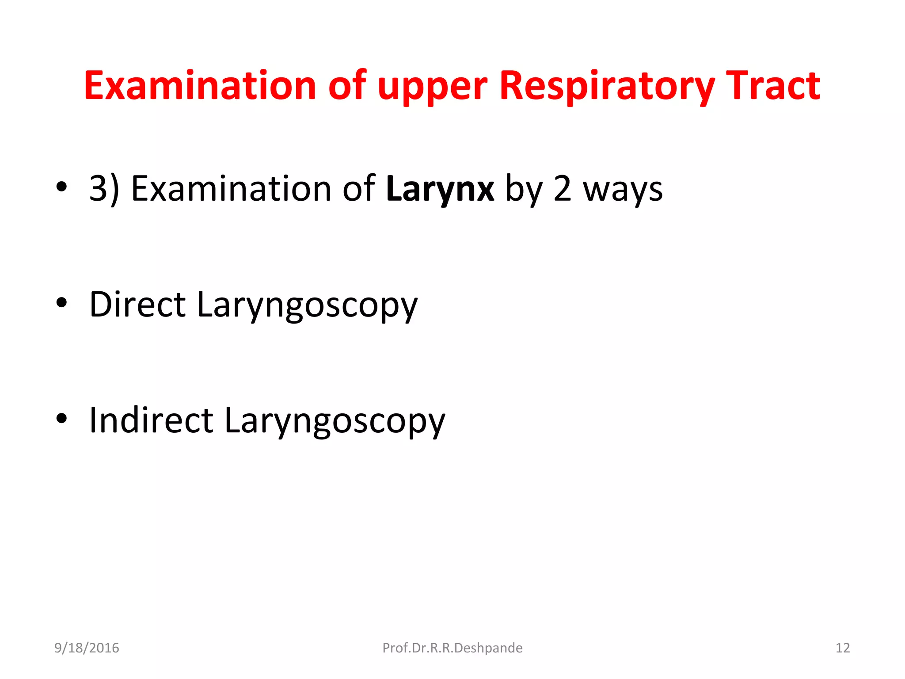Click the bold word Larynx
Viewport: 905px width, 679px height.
click(440, 189)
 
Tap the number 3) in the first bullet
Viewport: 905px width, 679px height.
click(104, 189)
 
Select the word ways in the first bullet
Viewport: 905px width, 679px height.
click(623, 189)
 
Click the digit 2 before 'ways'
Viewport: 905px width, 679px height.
click(563, 189)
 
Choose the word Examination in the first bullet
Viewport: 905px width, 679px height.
click(231, 189)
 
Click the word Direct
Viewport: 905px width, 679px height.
click(137, 305)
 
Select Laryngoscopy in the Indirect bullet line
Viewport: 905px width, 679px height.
click(335, 421)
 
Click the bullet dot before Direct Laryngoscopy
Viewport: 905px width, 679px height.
click(62, 303)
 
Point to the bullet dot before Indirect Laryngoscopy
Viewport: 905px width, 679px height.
click(62, 418)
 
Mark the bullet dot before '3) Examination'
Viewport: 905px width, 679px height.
click(62, 187)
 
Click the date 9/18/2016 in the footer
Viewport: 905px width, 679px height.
click(87, 648)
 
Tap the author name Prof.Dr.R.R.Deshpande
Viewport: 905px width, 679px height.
click(452, 648)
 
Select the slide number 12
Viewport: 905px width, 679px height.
click(843, 648)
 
